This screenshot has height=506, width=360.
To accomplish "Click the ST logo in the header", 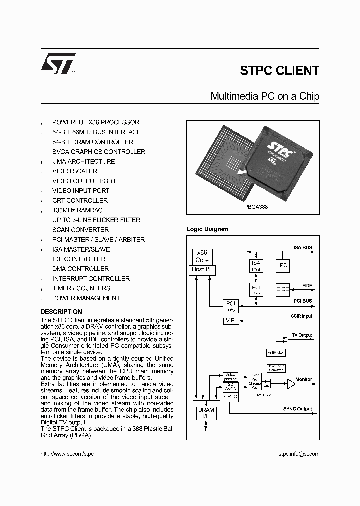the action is point(58,64).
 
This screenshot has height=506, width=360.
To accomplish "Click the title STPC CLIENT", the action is point(279,71).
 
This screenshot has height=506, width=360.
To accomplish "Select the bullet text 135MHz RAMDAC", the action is point(77,210).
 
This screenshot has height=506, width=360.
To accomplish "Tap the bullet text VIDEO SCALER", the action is point(75,171).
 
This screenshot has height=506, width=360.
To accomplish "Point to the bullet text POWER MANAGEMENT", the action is point(86,298).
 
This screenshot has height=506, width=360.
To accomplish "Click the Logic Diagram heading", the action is point(207,229).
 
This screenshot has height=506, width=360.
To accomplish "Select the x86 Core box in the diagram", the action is point(202,256).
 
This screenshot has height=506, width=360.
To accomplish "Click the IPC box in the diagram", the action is point(283,265).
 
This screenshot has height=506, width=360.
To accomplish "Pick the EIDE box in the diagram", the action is point(283,289).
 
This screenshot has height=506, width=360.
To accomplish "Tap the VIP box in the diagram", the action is point(230,320).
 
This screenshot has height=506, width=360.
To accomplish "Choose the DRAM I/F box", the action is point(206,413).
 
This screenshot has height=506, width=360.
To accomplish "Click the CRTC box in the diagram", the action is point(230,396).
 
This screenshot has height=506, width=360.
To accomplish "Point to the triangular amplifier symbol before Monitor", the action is point(291,384).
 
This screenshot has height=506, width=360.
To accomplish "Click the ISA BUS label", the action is point(302,247).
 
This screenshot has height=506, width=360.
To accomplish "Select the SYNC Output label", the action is point(297,409).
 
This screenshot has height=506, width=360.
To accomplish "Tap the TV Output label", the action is point(301,335).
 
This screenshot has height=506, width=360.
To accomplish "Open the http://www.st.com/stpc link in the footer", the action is point(67,454).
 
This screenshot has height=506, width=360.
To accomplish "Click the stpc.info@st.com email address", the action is point(298,454).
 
